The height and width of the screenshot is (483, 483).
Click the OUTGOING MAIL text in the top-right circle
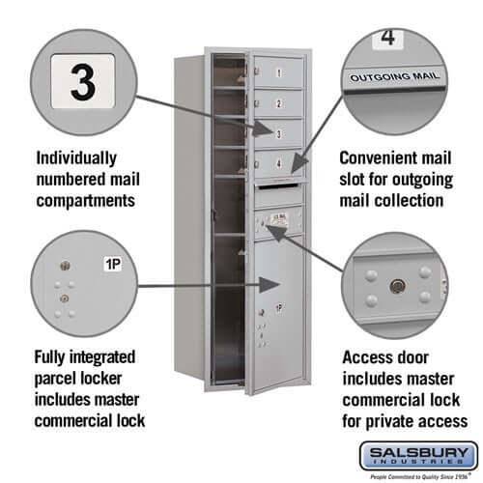point(394,75)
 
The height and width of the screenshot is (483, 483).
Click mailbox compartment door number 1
point(278,71)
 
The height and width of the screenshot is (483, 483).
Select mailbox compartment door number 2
point(278,102)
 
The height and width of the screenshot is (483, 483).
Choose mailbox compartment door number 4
point(278,163)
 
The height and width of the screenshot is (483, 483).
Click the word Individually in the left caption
point(76,157)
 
